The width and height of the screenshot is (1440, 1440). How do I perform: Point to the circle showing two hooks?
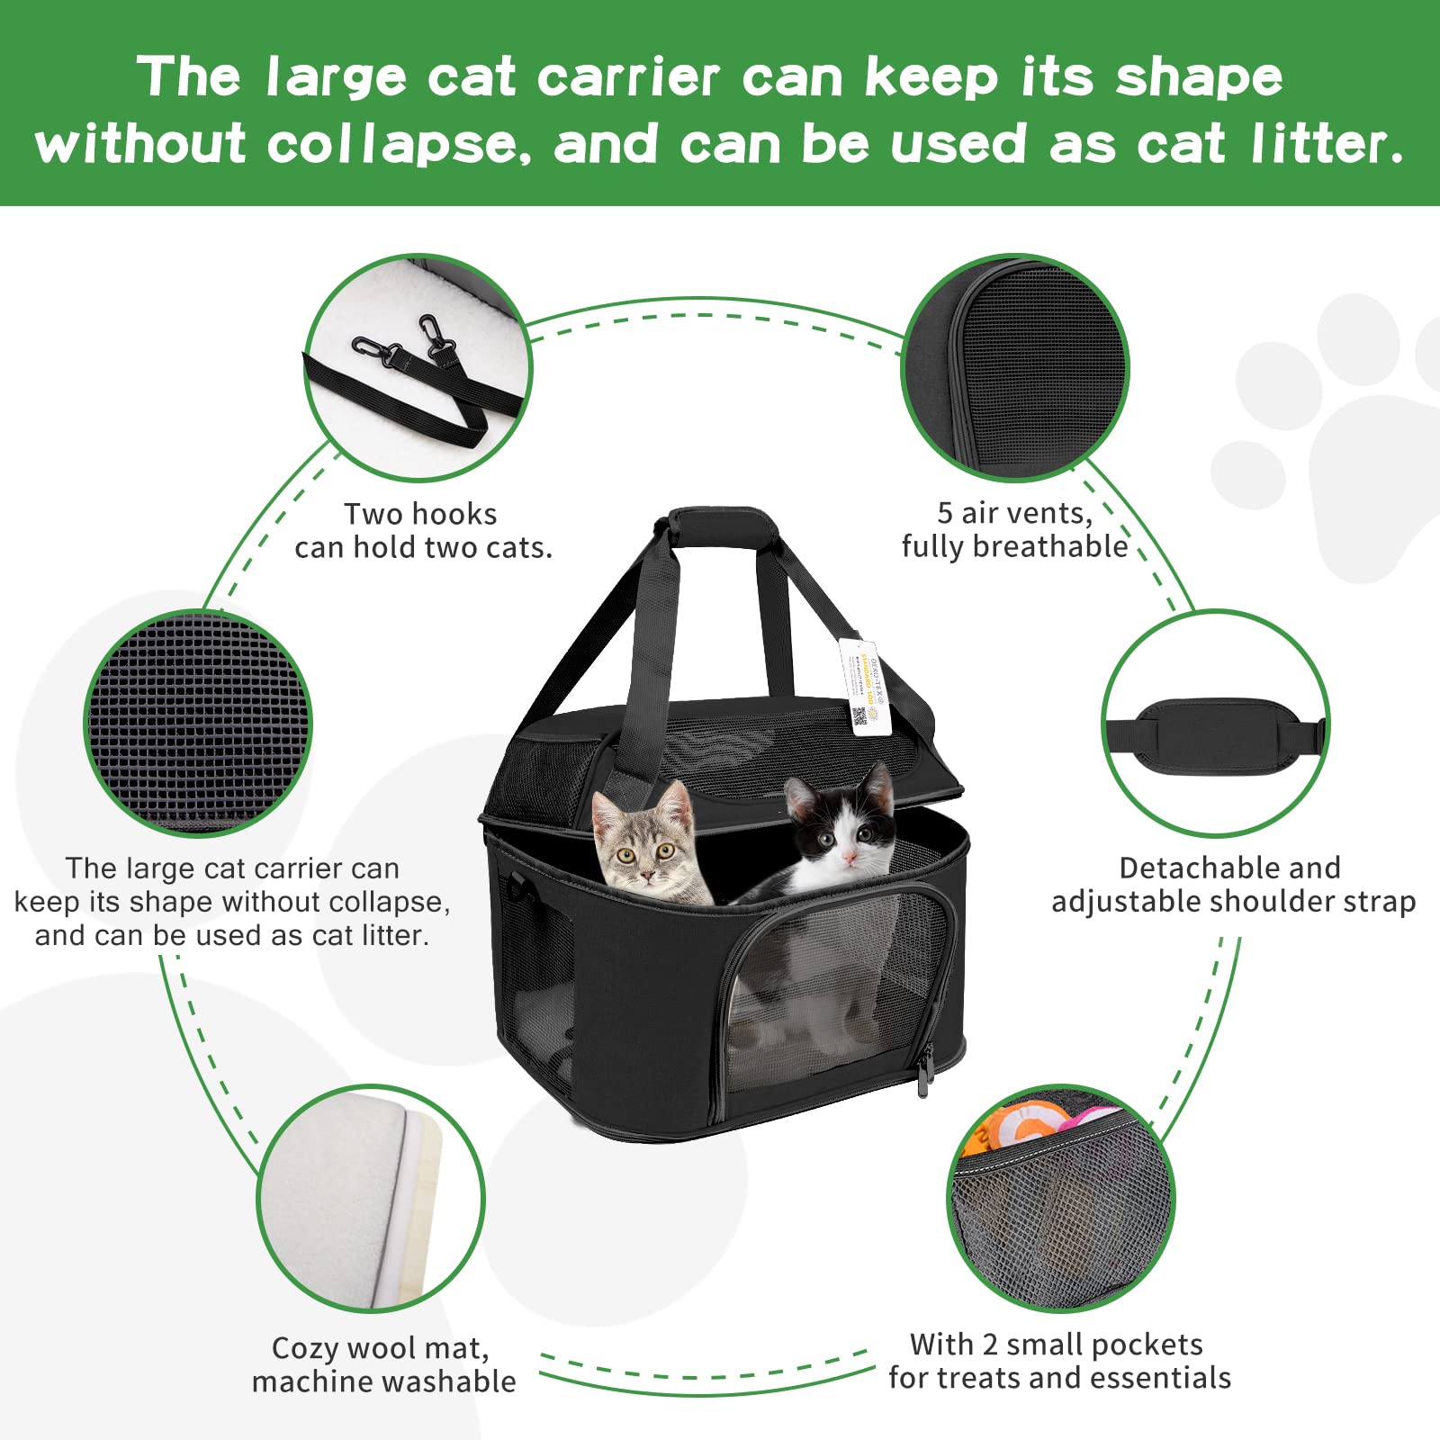(418, 367)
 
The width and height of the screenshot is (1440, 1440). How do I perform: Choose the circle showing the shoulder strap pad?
(1215, 724)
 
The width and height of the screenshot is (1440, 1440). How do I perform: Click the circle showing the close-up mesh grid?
(198, 724)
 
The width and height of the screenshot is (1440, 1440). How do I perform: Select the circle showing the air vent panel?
(1015, 367)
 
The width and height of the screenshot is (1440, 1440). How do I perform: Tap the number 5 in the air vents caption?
(945, 513)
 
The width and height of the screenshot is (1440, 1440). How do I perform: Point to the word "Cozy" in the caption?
(305, 1348)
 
